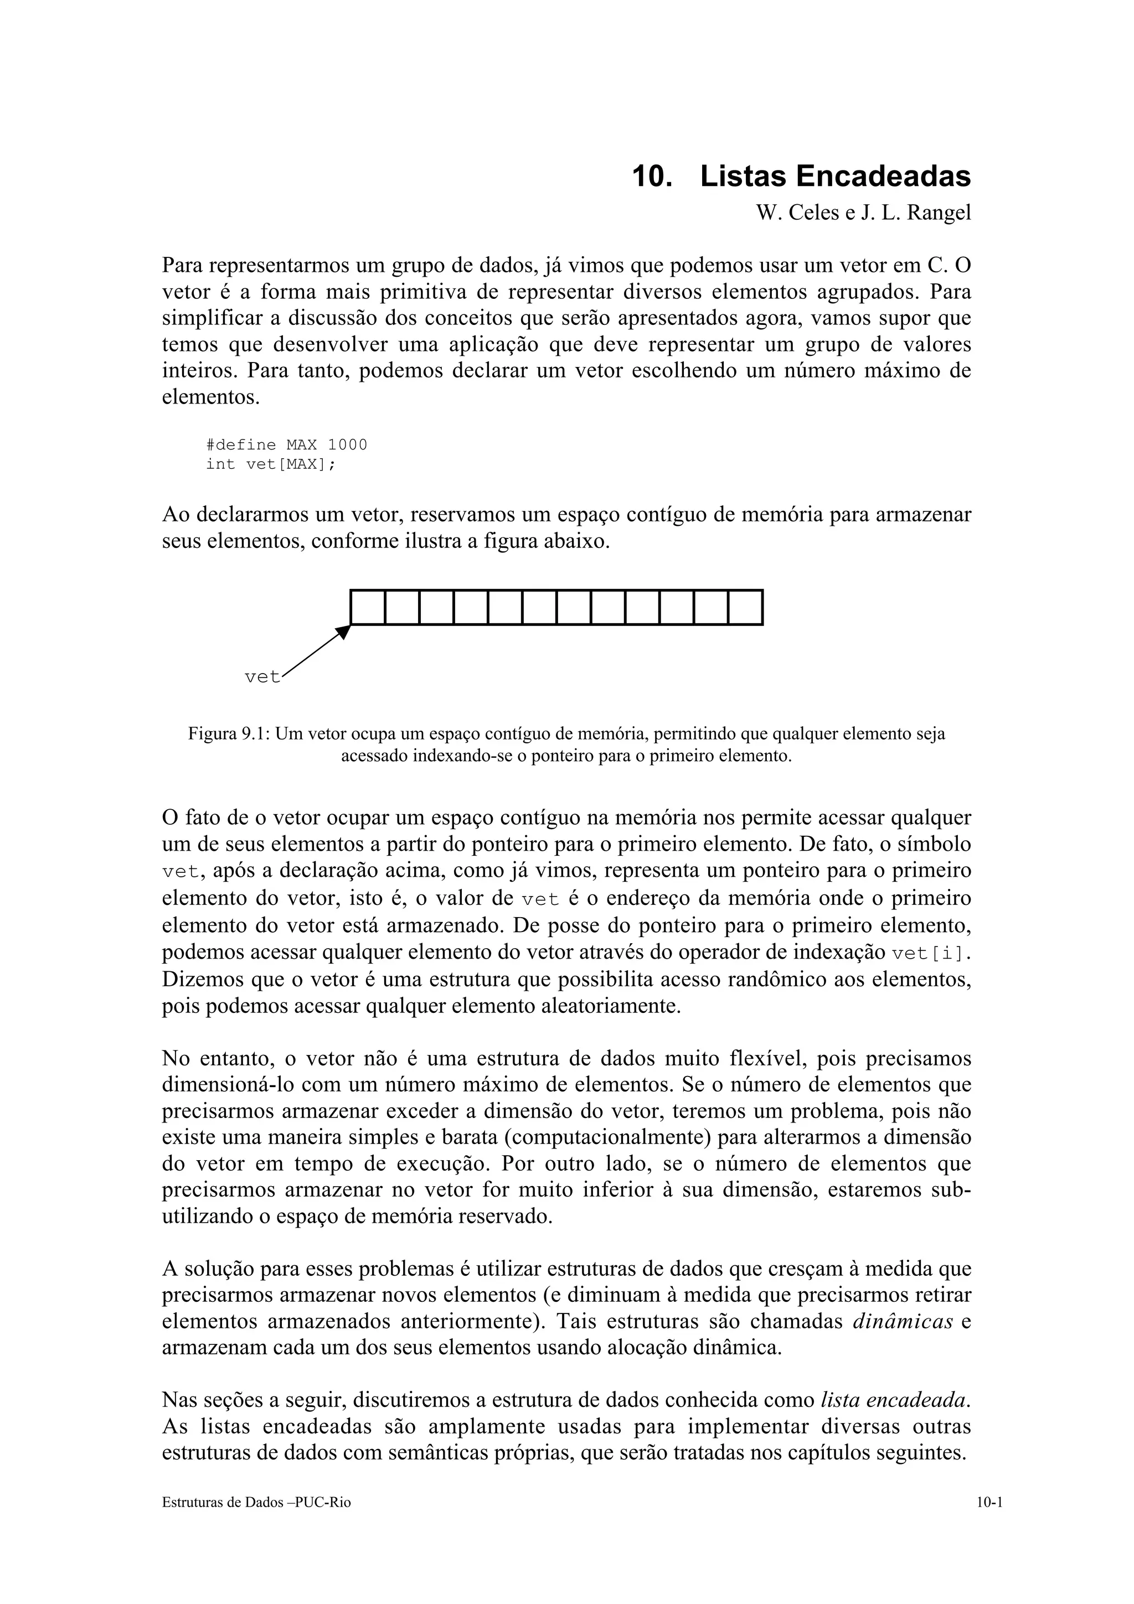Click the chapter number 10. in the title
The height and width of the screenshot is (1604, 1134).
pos(651,177)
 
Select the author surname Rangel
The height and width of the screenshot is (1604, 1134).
pos(939,213)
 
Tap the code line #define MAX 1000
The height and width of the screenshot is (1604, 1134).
pos(286,445)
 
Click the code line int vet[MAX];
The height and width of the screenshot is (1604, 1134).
pos(270,464)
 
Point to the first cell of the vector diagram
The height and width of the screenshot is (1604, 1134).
pos(368,608)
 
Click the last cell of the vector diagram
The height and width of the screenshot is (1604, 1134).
pos(745,608)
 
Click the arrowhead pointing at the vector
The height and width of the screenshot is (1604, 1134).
pos(343,632)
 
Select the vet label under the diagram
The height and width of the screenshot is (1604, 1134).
pos(262,677)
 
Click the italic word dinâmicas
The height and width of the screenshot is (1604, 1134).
pos(903,1322)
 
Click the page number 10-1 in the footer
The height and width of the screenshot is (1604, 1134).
pos(989,1503)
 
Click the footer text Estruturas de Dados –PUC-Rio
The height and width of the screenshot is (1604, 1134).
pos(256,1503)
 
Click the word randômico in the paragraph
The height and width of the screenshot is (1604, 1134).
pos(777,980)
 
